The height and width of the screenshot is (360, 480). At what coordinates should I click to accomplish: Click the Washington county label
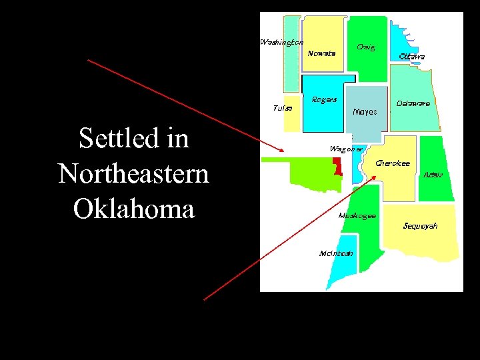(x=281, y=43)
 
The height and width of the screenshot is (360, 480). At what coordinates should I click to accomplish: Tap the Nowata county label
(x=321, y=53)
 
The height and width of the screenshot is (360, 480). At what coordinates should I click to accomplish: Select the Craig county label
(x=365, y=47)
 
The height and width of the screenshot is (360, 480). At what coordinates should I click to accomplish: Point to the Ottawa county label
(x=412, y=57)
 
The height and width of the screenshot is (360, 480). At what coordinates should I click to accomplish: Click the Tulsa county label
(x=283, y=107)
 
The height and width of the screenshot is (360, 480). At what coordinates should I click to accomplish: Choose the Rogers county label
(x=324, y=100)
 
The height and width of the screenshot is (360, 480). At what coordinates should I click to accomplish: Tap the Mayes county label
(x=365, y=111)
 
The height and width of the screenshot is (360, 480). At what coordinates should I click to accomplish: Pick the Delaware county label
(x=413, y=103)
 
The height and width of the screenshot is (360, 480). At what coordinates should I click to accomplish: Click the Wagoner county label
(x=346, y=149)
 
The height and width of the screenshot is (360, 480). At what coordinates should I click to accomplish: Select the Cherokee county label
(x=393, y=163)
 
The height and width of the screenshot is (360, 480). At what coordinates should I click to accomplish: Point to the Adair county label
(x=433, y=175)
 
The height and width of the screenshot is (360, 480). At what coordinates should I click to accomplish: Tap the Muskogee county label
(x=357, y=215)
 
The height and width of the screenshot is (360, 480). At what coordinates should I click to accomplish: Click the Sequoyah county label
(x=420, y=226)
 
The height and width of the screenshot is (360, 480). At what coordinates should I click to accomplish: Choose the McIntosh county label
(x=336, y=253)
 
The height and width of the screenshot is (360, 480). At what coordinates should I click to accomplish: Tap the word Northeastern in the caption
(x=133, y=174)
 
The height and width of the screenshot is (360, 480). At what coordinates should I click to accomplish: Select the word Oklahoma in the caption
(x=133, y=209)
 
